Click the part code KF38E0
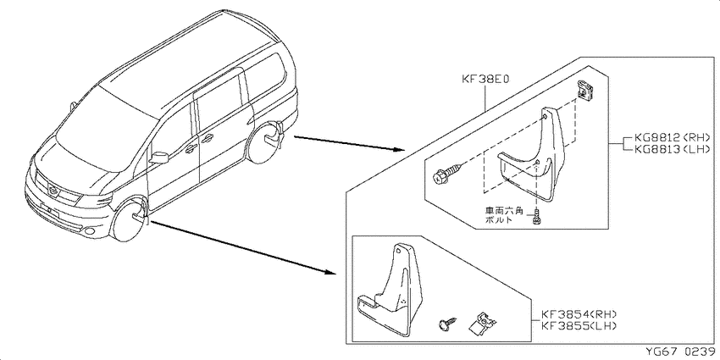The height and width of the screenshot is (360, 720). pos(486,80)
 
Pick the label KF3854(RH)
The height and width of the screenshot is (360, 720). pos(578,314)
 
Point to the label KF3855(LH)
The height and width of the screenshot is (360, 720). pos(578,325)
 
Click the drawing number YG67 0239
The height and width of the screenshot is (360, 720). pos(680,352)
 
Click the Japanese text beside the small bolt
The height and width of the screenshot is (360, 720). pos(504,216)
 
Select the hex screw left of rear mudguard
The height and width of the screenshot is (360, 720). pos(447,175)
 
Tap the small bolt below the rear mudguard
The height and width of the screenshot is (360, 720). pos(535,217)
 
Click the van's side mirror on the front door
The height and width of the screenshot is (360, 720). pos(159,157)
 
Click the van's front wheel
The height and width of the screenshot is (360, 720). pos(129,219)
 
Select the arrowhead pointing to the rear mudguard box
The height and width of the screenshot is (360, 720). pos(399,150)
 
